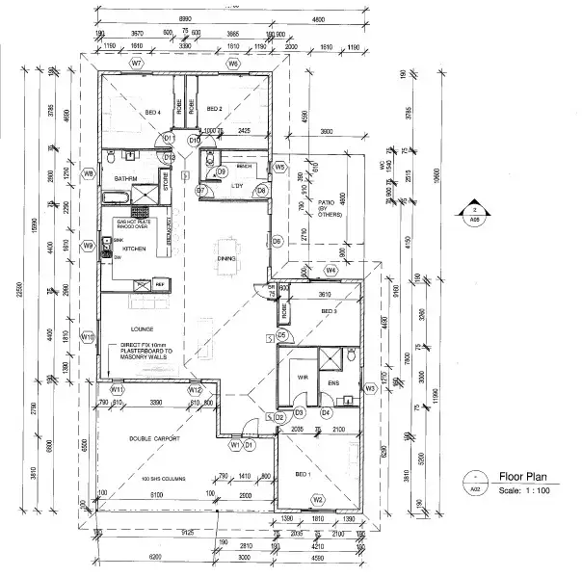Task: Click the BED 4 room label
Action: pyautogui.click(x=152, y=113)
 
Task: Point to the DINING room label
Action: pyautogui.click(x=226, y=258)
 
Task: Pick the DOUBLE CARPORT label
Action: pyautogui.click(x=152, y=439)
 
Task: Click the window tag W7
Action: pyautogui.click(x=138, y=63)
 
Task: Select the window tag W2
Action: pyautogui.click(x=317, y=500)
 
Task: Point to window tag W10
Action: pyautogui.click(x=87, y=337)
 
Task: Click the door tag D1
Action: pyautogui.click(x=248, y=446)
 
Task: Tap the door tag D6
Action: pyautogui.click(x=277, y=240)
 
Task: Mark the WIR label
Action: pyautogui.click(x=302, y=378)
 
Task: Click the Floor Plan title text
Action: pyautogui.click(x=522, y=475)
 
